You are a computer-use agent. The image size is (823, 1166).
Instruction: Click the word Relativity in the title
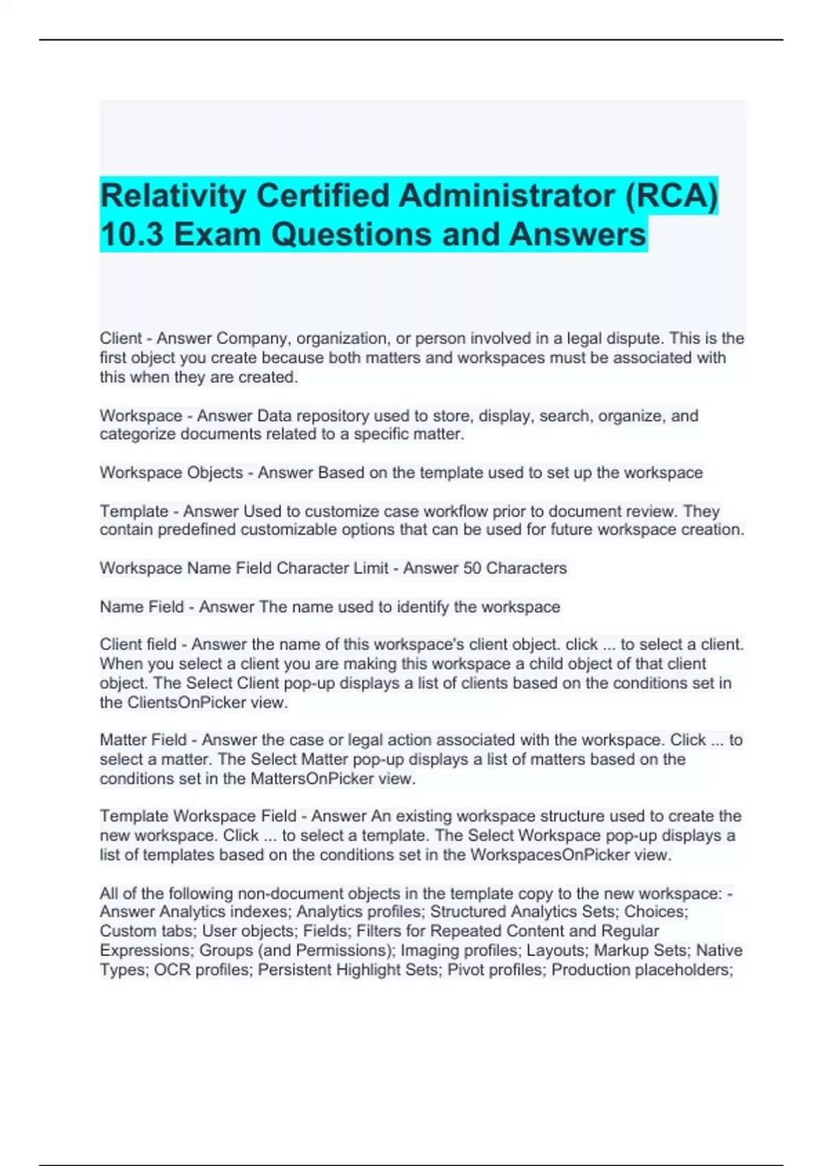[x=174, y=196]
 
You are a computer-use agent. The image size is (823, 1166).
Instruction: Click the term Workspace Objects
[x=171, y=473]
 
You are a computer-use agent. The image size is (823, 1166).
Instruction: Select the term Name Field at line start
[x=141, y=607]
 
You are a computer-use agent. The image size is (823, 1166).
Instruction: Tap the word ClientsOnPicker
[x=187, y=702]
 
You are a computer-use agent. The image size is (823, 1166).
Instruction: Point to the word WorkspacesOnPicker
[x=550, y=855]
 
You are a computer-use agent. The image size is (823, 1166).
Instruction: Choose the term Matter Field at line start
[x=143, y=740]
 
